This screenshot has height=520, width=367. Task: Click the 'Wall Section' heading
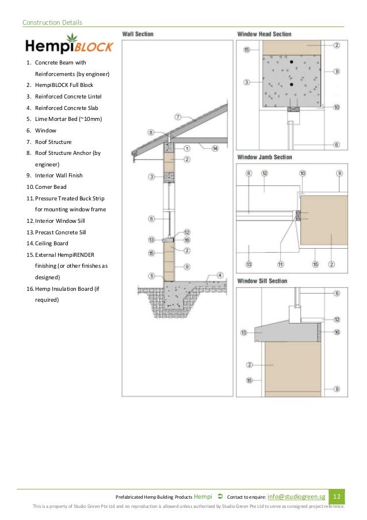[x=137, y=35]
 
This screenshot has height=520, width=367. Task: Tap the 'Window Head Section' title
[x=264, y=35]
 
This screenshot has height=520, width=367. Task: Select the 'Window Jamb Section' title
[x=264, y=157]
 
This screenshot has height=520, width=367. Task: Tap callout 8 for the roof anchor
[x=151, y=132]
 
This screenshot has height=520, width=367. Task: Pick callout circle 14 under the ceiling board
[x=215, y=149]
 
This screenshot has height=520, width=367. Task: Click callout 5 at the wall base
[x=151, y=275]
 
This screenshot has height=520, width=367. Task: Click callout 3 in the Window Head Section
[x=246, y=82]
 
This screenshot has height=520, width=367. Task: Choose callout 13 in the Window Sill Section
[x=244, y=332]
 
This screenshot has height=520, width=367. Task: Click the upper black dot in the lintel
[x=292, y=61]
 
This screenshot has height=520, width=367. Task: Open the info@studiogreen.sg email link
[x=296, y=496]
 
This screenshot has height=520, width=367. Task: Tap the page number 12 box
[x=337, y=496]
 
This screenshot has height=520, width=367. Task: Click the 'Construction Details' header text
[x=52, y=22]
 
